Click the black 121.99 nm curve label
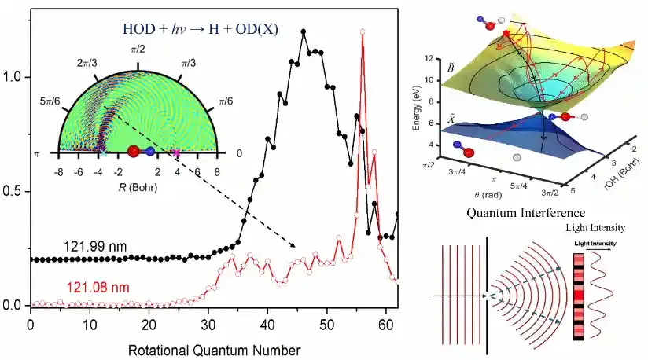point(95,246)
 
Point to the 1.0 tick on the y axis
point(13,78)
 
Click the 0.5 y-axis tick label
point(13,192)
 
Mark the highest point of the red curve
point(363,32)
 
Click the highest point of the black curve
point(304,31)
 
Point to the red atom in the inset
point(134,152)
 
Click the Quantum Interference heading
point(526,212)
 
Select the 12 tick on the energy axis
point(450,59)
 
